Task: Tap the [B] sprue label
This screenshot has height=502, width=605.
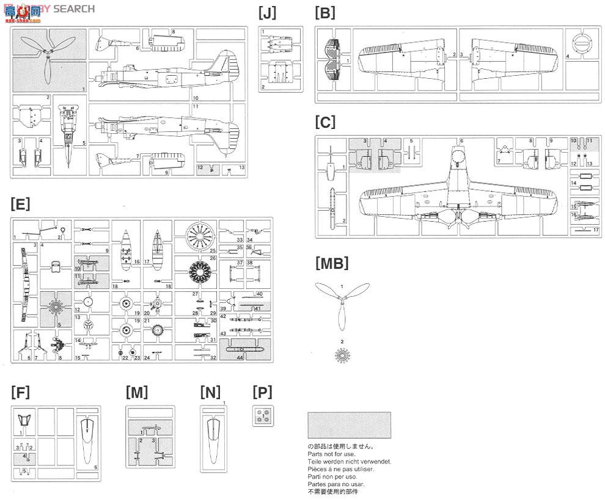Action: point(324,12)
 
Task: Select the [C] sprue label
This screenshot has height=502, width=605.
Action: point(325,122)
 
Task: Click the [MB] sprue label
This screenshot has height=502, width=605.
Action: point(332,263)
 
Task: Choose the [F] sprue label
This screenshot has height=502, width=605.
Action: point(20,392)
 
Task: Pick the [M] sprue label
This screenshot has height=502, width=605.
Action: point(136,392)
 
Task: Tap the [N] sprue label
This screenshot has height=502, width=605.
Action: point(210,392)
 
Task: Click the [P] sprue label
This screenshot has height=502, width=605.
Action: point(262,392)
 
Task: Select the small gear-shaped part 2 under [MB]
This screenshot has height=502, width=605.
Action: point(342,355)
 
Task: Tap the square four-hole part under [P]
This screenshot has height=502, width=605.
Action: point(263,415)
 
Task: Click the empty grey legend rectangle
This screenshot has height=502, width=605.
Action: point(349,425)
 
